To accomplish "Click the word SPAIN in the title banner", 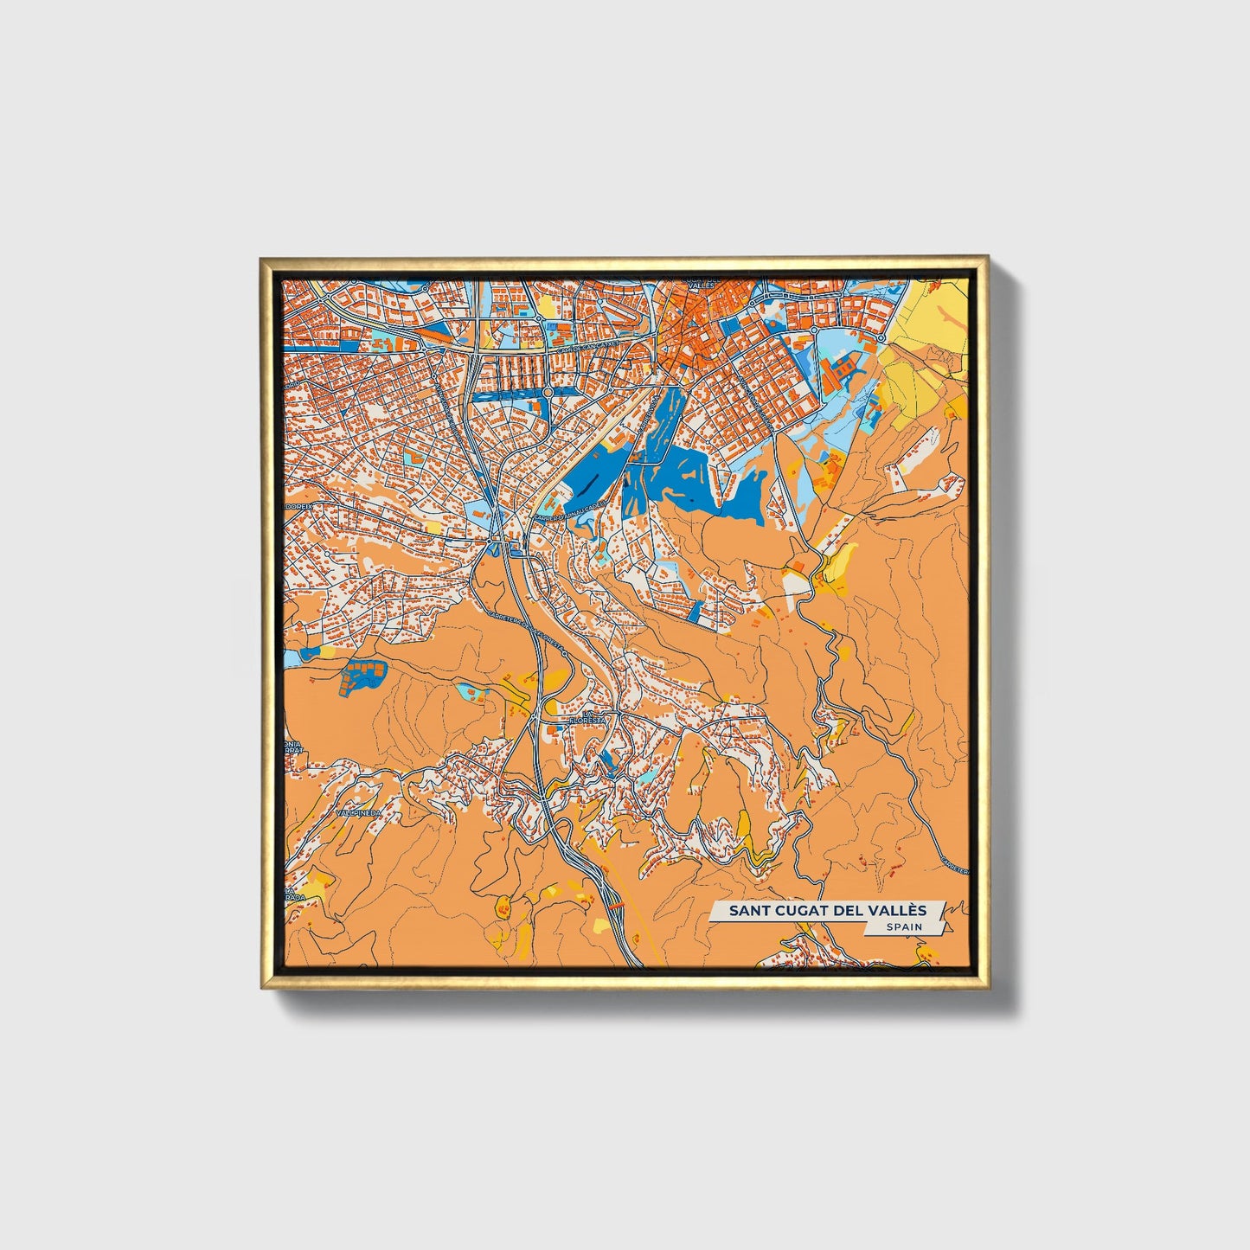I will pyautogui.click(x=904, y=926).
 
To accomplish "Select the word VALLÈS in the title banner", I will pyautogui.click(x=900, y=910).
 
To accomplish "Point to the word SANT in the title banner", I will pyautogui.click(x=747, y=910).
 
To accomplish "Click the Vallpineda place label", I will pyautogui.click(x=359, y=814).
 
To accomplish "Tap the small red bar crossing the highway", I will pyautogui.click(x=615, y=903).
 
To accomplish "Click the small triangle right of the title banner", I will pyautogui.click(x=949, y=927).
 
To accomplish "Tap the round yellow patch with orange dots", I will pyautogui.click(x=502, y=907).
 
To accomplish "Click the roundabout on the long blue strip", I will pyautogui.click(x=548, y=392).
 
